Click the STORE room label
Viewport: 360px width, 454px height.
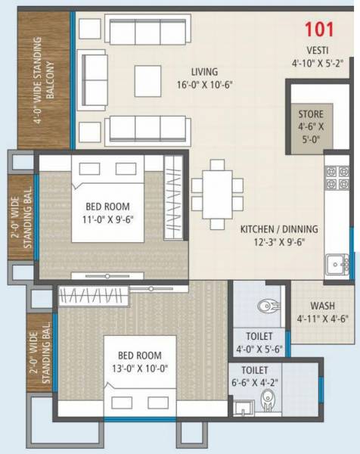click(x=309, y=114)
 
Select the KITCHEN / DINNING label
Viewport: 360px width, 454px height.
click(x=278, y=229)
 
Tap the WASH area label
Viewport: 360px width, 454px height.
click(x=322, y=305)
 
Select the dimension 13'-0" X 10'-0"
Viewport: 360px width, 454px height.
click(x=138, y=368)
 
